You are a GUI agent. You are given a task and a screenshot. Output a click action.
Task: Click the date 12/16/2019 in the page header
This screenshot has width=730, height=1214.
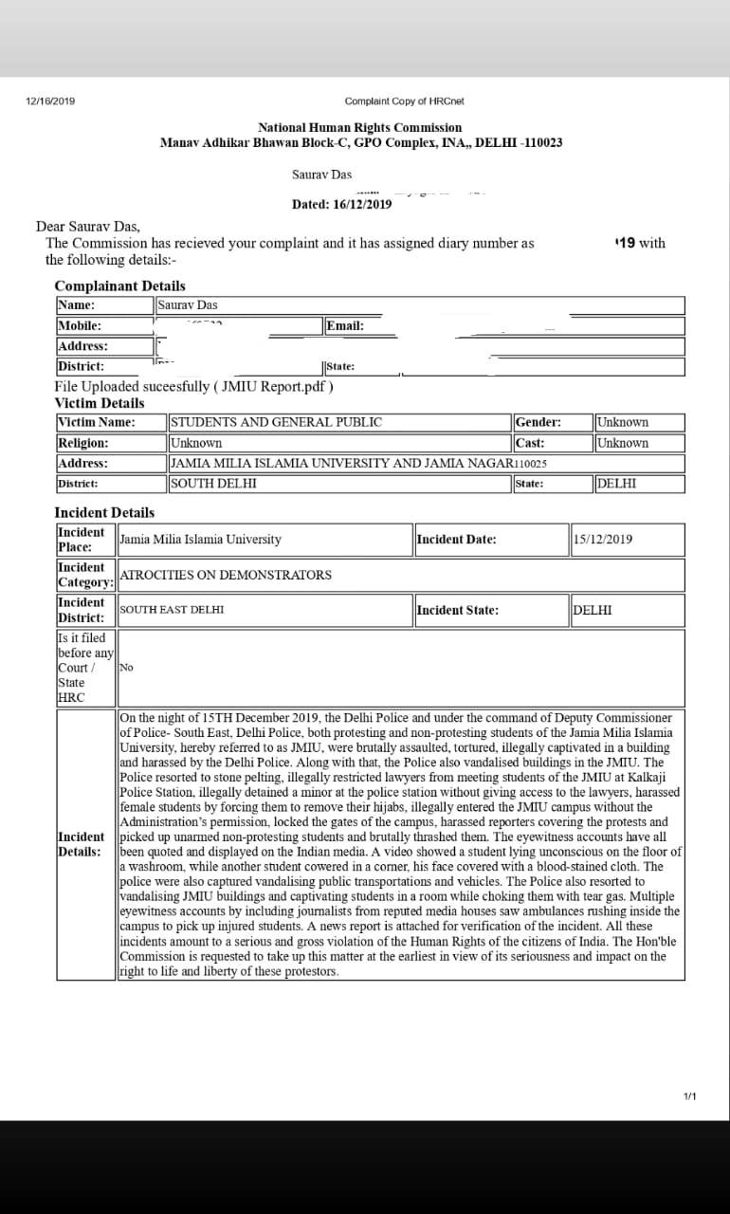pos(51,101)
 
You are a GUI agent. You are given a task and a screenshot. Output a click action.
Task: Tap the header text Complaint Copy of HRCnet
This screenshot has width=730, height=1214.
pos(404,101)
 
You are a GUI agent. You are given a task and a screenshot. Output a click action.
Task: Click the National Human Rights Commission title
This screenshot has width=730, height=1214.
pos(360,127)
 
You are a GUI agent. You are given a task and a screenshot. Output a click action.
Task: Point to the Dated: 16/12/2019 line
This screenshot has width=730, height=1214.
pos(341,204)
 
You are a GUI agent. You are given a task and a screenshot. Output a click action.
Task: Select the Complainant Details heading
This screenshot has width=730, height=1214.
pos(119,285)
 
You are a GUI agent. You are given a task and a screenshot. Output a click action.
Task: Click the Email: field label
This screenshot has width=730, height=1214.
pos(345,325)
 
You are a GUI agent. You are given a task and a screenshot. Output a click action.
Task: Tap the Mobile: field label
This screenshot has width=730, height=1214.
pos(80,325)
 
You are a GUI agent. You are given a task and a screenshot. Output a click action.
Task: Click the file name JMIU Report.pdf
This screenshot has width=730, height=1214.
pos(275,386)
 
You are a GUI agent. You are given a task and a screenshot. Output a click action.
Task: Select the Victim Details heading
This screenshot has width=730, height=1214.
pos(100,403)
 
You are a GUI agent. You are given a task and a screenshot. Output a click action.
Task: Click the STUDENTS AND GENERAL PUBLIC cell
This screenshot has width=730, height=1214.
pos(277,422)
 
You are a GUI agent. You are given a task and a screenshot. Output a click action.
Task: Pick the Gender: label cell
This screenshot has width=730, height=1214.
pos(538,422)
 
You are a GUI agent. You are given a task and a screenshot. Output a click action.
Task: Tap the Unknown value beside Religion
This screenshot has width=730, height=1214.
pos(196,443)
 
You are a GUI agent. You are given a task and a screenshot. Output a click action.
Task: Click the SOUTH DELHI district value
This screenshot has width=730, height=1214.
pos(213,484)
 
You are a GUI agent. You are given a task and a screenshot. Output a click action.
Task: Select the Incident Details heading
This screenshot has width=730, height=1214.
pos(104,512)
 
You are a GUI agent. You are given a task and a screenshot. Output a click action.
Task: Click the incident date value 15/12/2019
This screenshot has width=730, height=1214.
pos(603,540)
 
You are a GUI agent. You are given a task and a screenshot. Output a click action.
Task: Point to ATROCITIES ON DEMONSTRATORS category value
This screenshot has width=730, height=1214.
pos(226,575)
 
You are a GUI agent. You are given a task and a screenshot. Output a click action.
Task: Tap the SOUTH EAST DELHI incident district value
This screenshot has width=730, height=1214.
pos(173,610)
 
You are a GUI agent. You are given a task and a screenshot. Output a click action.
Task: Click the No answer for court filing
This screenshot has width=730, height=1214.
pos(126,668)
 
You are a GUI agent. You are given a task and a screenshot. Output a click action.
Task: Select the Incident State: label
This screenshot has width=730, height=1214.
pos(457,610)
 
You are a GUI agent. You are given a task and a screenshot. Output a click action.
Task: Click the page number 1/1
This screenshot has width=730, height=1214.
pos(689,1097)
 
